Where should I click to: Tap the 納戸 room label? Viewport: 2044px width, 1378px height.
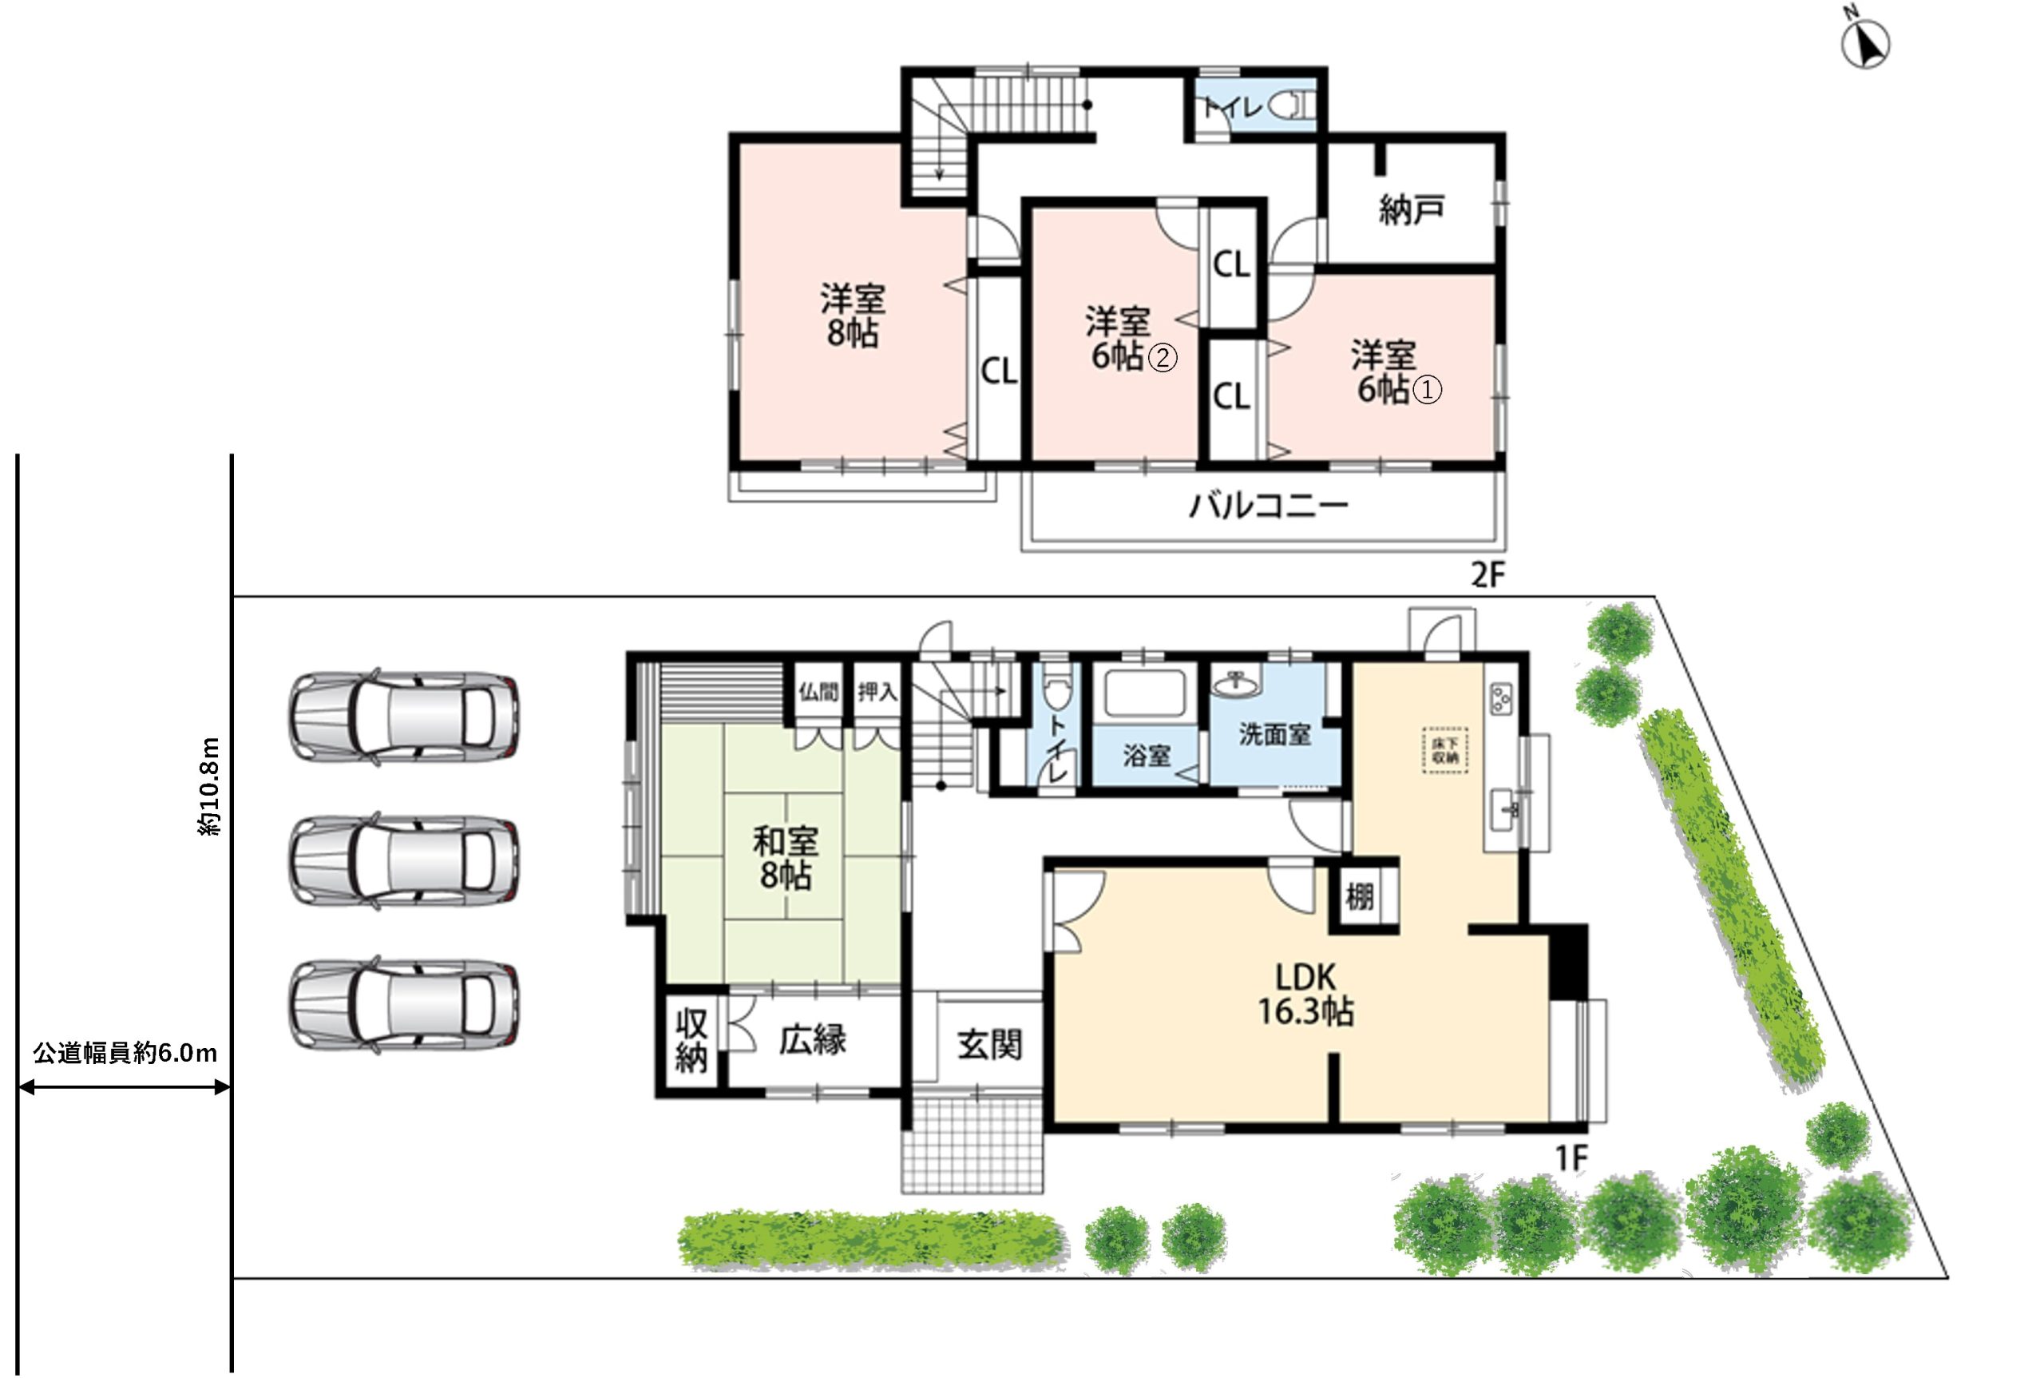1411,210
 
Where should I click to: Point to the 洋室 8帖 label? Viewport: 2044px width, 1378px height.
852,316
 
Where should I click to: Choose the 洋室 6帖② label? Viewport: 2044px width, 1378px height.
1130,339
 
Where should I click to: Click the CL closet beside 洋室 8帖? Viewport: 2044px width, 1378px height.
999,371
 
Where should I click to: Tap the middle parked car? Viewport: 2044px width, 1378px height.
403,860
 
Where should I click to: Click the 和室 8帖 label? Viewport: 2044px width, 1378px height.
784,858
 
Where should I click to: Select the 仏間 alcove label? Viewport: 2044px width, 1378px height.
818,693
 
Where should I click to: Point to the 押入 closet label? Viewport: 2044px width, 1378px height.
877,693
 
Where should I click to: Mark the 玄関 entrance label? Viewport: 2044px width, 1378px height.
990,1044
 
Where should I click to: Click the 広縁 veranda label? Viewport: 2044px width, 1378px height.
813,1039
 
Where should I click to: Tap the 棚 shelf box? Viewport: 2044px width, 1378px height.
1359,897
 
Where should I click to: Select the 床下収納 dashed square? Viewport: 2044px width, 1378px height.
1445,749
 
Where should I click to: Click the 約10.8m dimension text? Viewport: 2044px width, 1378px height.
210,786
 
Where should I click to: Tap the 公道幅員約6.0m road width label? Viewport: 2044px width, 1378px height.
125,1053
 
